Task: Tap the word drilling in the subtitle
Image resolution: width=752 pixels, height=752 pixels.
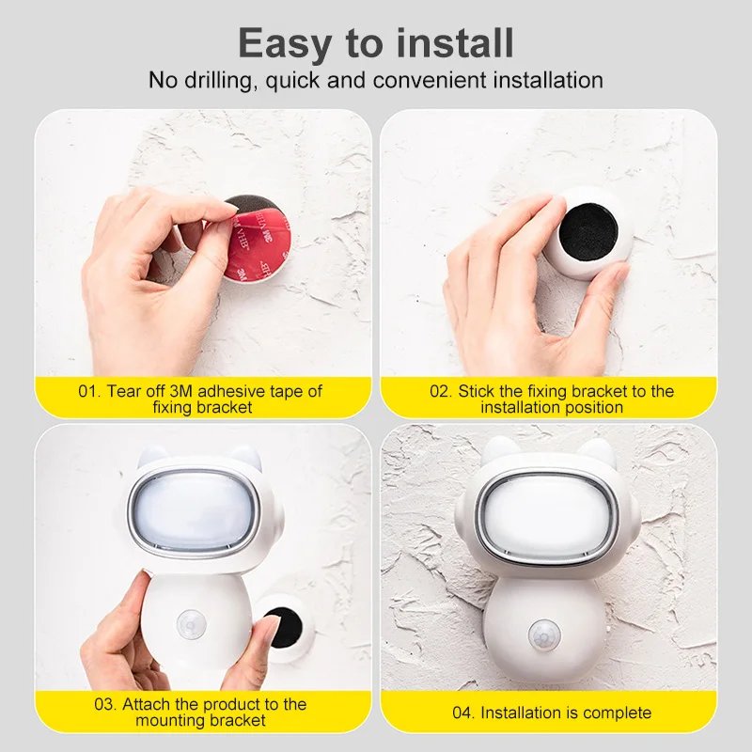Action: [216, 80]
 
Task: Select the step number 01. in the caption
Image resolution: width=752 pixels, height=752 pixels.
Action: [89, 390]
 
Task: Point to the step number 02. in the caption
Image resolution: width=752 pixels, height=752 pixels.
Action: [442, 390]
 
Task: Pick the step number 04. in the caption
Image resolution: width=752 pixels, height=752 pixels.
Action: [463, 713]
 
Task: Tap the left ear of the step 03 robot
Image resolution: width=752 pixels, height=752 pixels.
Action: [148, 461]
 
